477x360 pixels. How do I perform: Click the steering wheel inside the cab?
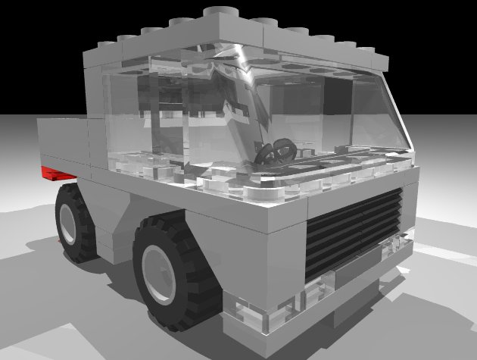point(276,151)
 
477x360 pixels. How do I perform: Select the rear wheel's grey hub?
point(69,221)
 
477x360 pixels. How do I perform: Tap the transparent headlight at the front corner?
point(257,314)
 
